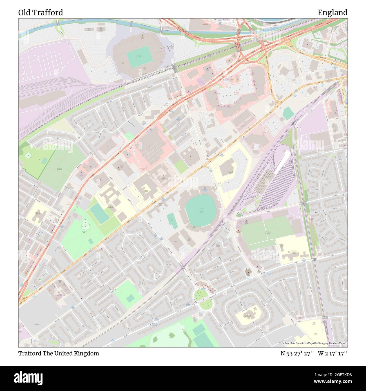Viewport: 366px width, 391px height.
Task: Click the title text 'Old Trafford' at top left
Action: tap(41, 13)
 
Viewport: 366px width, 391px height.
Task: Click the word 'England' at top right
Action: tap(332, 13)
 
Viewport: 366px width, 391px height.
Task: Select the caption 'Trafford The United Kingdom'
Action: tap(59, 353)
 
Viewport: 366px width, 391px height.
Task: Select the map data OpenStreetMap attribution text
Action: tap(315, 343)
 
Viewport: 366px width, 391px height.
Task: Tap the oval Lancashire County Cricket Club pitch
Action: tap(200, 210)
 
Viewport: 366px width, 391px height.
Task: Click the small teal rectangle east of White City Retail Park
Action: tap(288, 113)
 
